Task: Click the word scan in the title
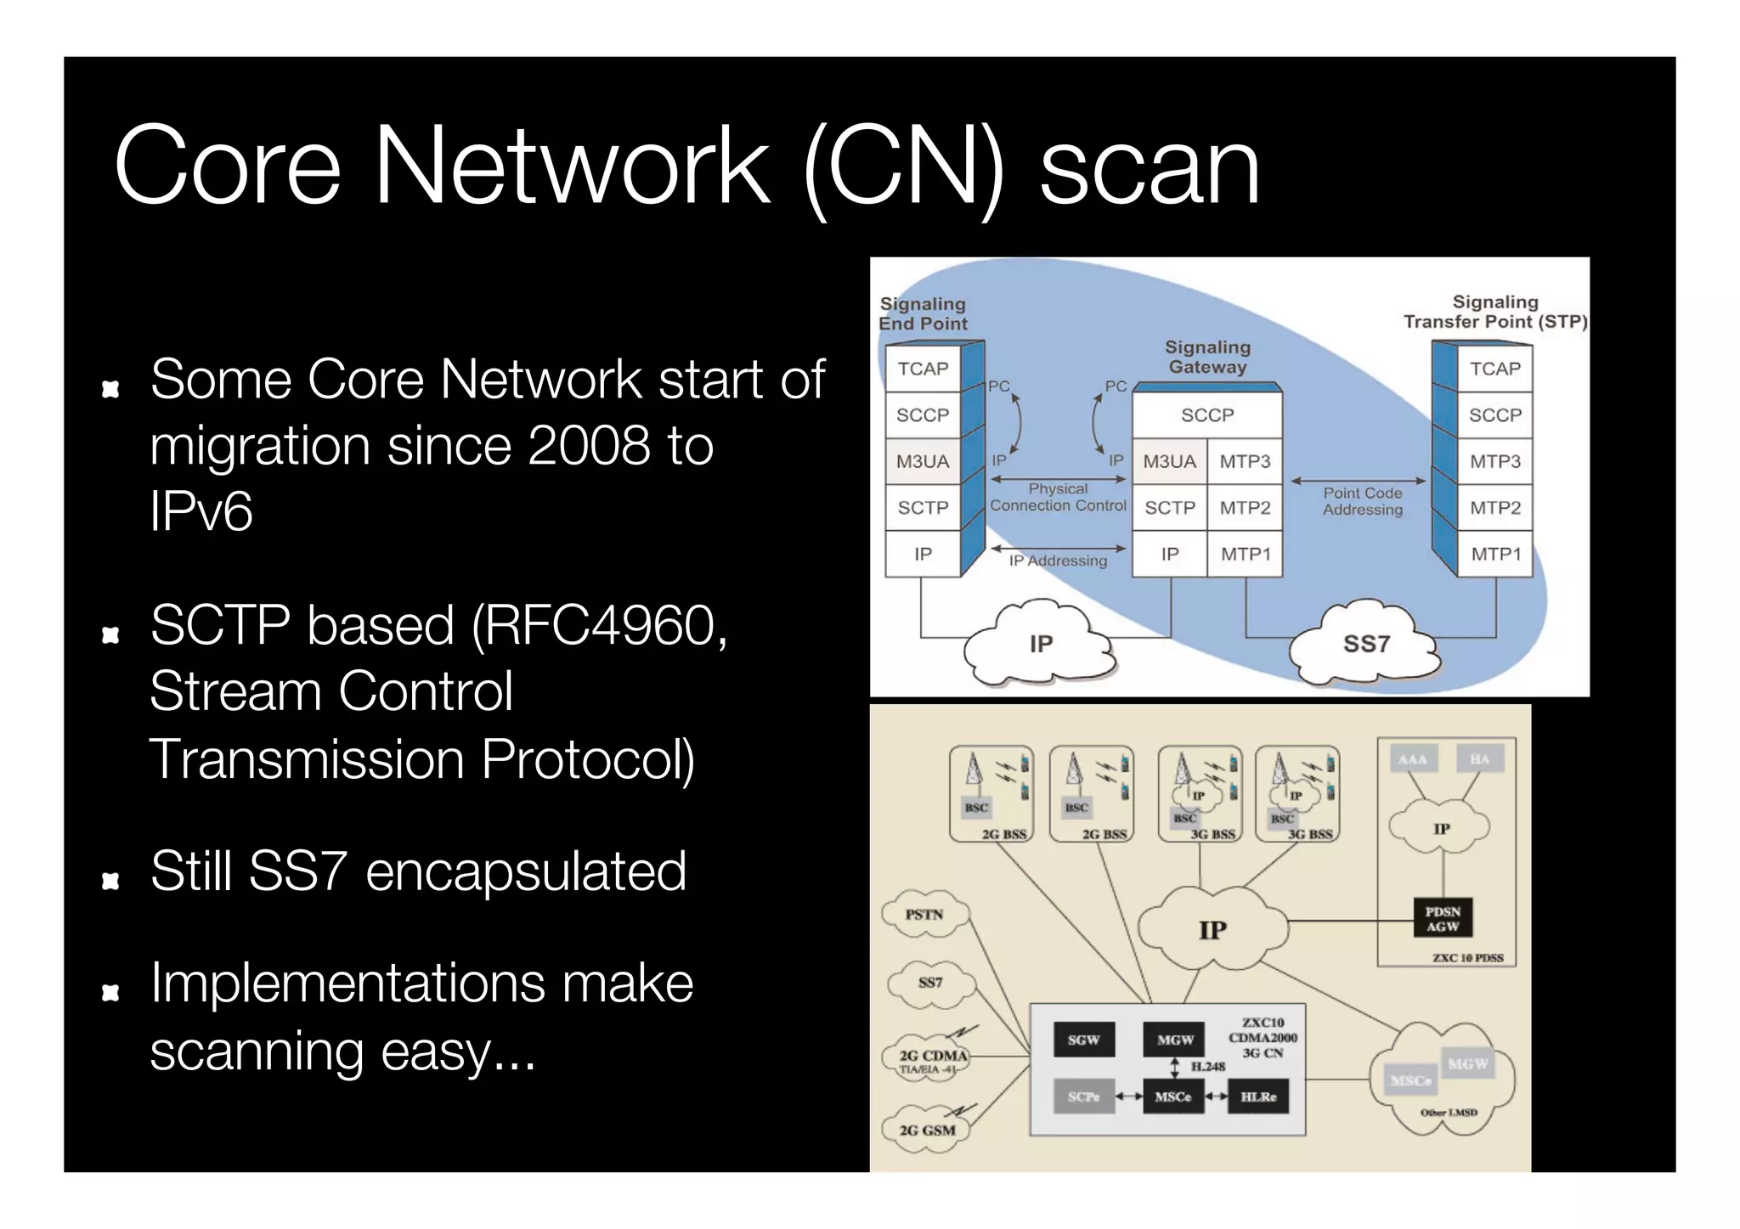coord(1149,168)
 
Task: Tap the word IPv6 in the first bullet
coord(201,512)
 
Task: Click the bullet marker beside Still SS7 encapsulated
coord(110,881)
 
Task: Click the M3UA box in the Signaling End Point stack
coord(923,461)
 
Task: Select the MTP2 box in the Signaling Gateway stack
coord(1245,508)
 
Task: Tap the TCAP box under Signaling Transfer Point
coord(1494,369)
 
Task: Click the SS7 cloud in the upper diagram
coord(1365,645)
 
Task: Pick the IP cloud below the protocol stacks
coord(1040,645)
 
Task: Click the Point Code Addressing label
coord(1362,501)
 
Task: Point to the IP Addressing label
coord(1058,561)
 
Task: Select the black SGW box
coord(1083,1040)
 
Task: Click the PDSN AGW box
coord(1443,918)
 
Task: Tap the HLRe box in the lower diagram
coord(1258,1097)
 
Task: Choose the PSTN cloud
coord(924,915)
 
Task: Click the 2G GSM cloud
coord(927,1130)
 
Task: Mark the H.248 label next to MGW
coord(1207,1067)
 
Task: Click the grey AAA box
coord(1412,759)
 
